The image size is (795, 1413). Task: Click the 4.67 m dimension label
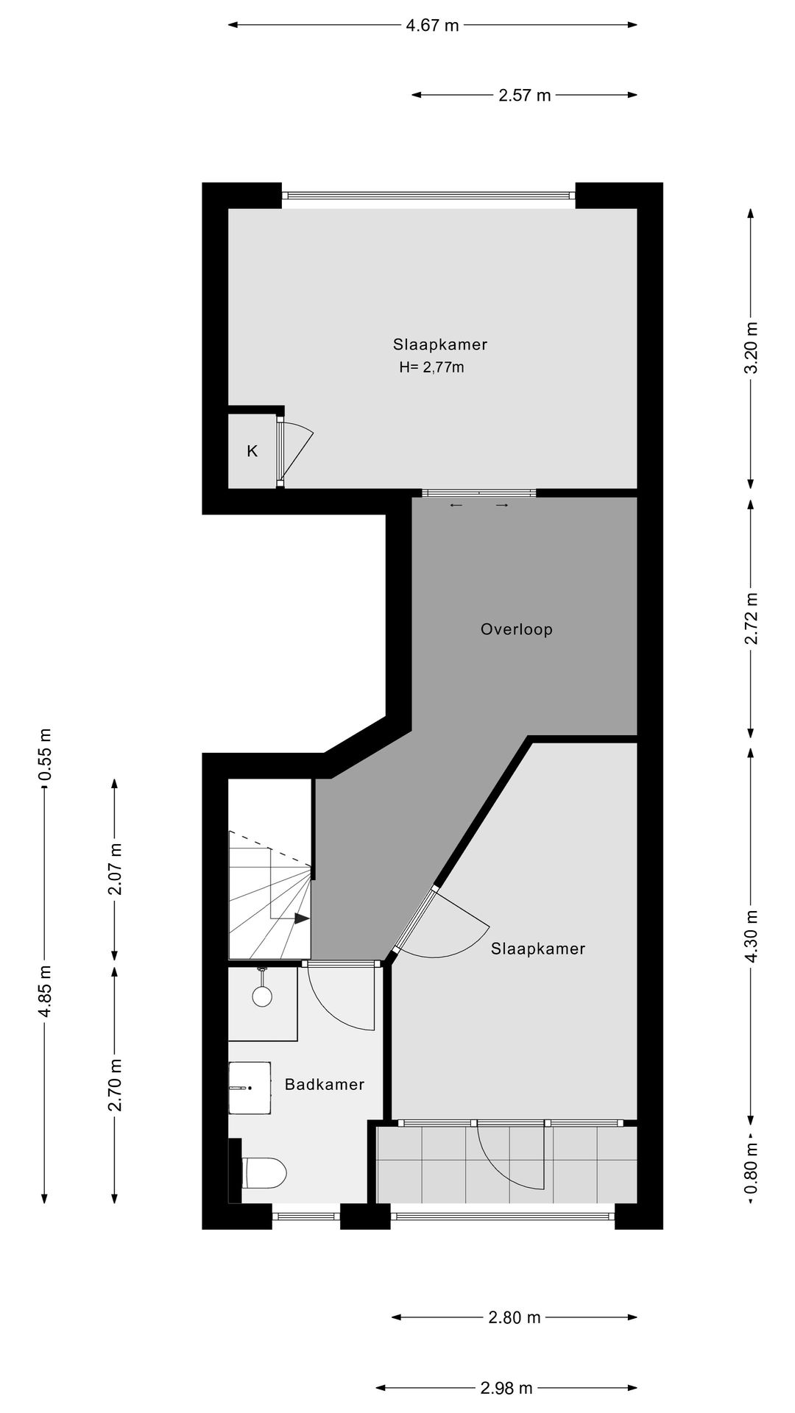pos(432,26)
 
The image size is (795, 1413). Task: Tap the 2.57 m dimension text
pos(524,95)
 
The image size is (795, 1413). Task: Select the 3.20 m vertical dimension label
pos(750,349)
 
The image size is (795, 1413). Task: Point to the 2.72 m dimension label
pos(750,618)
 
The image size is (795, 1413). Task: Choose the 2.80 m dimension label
pos(514,1317)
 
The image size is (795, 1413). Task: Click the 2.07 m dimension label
pos(115,870)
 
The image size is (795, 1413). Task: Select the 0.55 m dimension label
pos(45,755)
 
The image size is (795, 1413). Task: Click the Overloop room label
pos(516,629)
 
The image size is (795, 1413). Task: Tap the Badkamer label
pos(325,1084)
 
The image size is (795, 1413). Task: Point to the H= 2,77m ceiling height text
pos(431,367)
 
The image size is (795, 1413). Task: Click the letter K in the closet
pos(252,451)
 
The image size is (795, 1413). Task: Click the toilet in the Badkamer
pos(264,1173)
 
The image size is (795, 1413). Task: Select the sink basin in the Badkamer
pos(250,1088)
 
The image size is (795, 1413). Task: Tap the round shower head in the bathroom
pos(262,996)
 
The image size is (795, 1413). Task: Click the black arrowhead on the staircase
pos(301,918)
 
